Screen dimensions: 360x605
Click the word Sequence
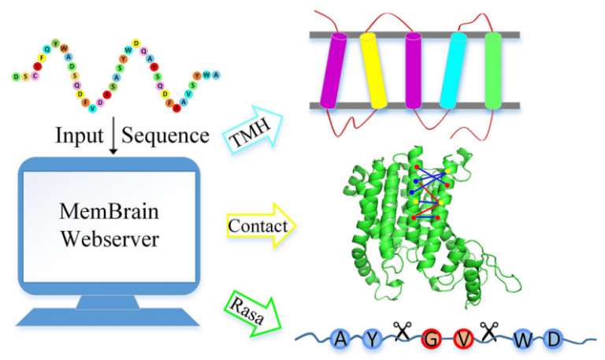pyautogui.click(x=166, y=135)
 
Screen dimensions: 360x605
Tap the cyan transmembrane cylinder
pyautogui.click(x=455, y=71)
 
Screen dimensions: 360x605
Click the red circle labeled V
pyautogui.click(x=465, y=338)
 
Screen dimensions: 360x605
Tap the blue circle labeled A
pyautogui.click(x=340, y=338)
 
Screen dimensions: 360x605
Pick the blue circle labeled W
pyautogui.click(x=523, y=340)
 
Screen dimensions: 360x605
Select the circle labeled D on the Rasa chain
pyautogui.click(x=553, y=338)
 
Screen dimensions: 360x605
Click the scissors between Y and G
pyautogui.click(x=403, y=332)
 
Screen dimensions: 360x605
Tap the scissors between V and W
pyautogui.click(x=489, y=332)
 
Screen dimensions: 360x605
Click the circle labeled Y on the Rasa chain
pyautogui.click(x=373, y=338)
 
